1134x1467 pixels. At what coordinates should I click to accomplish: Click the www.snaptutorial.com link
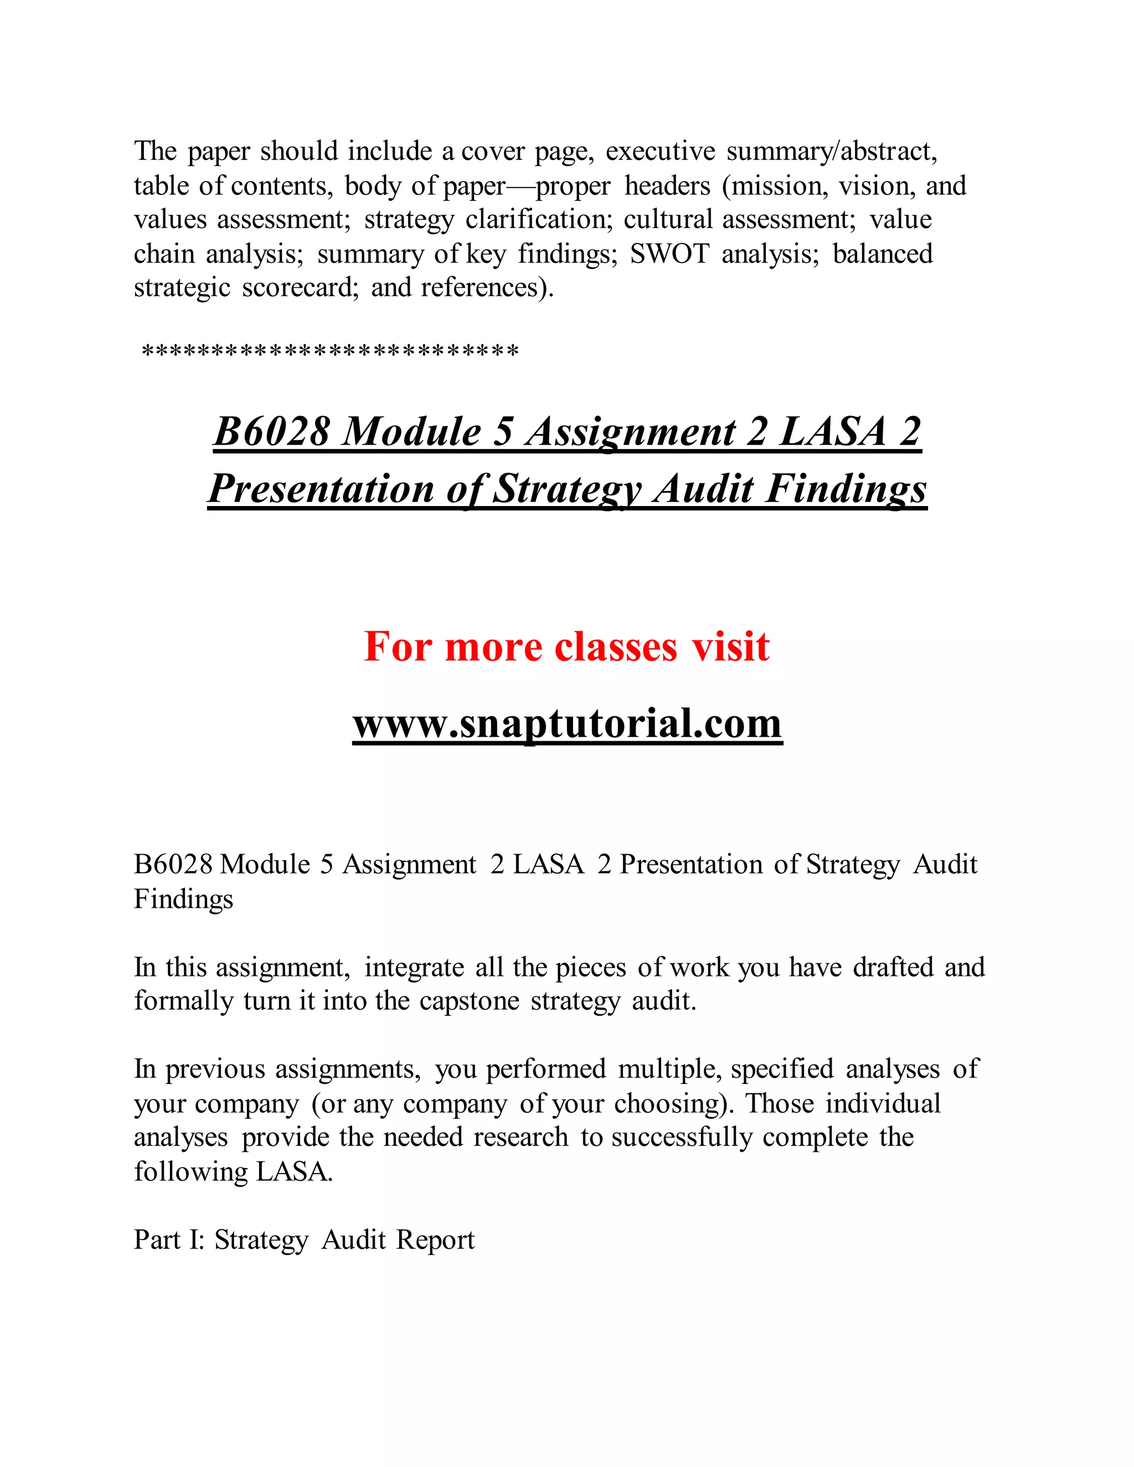(x=567, y=724)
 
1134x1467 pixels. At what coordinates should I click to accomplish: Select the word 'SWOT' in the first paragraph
(x=669, y=254)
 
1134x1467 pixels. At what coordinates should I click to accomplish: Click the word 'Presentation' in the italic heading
(x=321, y=489)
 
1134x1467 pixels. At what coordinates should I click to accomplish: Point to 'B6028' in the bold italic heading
(x=271, y=431)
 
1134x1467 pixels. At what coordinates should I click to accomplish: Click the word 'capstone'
(x=469, y=1001)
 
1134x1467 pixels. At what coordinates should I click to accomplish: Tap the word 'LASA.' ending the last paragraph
(x=294, y=1171)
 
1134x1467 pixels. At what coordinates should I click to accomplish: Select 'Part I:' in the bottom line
(x=169, y=1239)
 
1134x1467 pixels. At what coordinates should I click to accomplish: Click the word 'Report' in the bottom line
(x=435, y=1239)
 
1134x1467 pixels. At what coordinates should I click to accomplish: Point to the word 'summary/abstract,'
(x=832, y=151)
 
